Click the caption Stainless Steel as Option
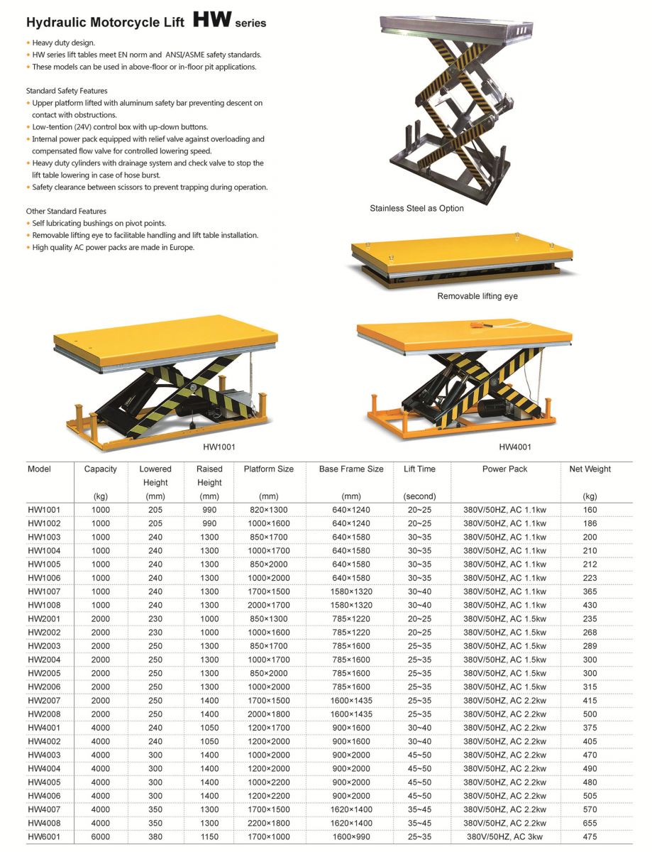click(x=416, y=209)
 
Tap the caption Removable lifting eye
click(x=477, y=296)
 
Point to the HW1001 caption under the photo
click(x=219, y=447)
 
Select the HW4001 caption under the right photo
click(x=515, y=447)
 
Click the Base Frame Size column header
click(x=351, y=469)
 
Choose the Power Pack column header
click(x=504, y=469)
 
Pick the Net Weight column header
click(x=590, y=469)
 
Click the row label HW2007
click(x=44, y=701)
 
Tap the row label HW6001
click(x=44, y=837)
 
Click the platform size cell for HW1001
click(x=268, y=510)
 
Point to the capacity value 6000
click(x=101, y=837)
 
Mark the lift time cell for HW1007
click(x=419, y=591)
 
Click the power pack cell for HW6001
click(x=504, y=837)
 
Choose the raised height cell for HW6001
click(x=209, y=837)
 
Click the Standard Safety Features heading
click(x=67, y=91)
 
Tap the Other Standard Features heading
click(x=66, y=211)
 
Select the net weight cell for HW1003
click(x=590, y=537)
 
